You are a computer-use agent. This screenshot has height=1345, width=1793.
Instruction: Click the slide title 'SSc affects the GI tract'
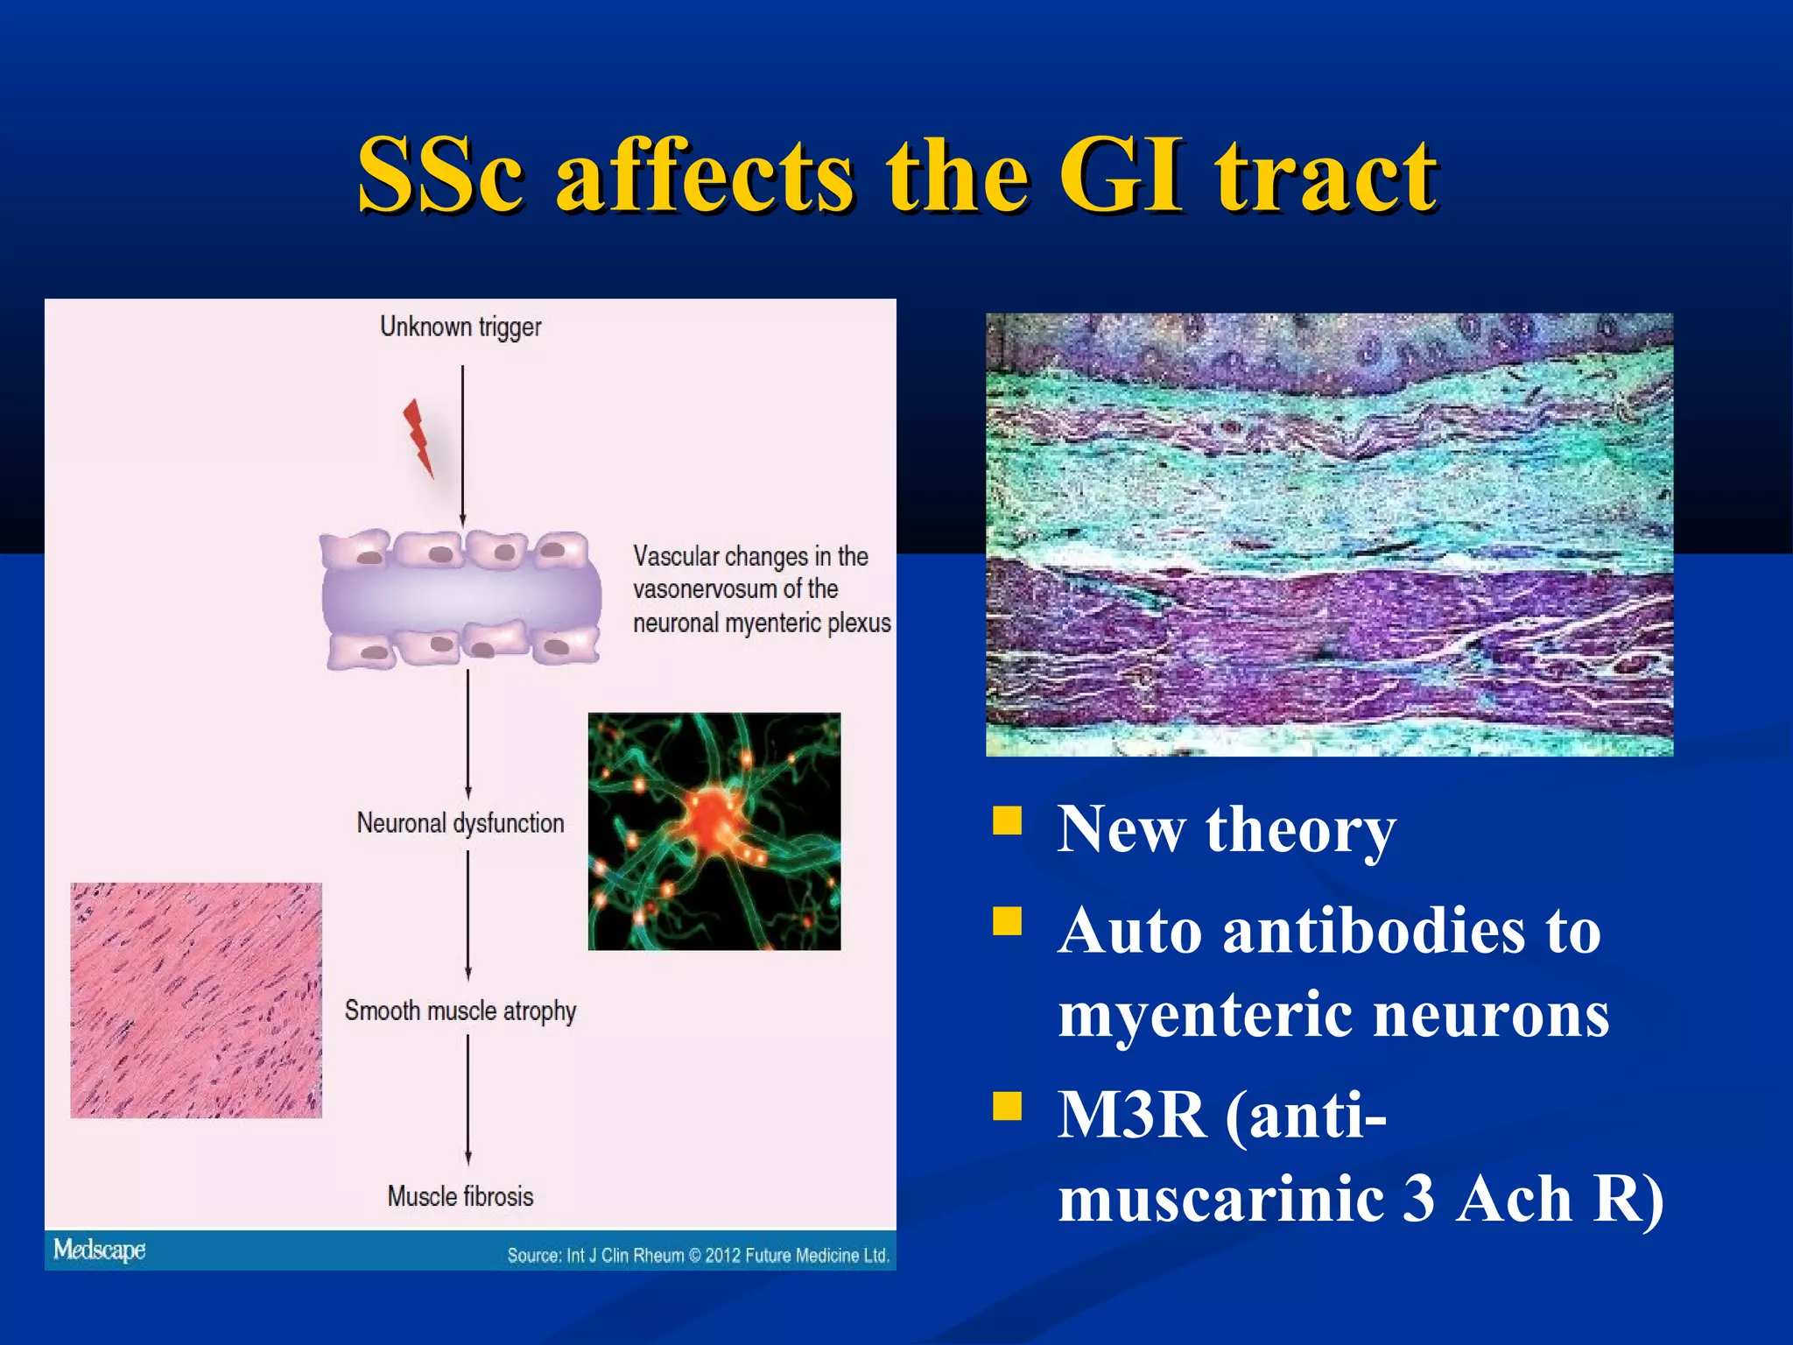click(896, 175)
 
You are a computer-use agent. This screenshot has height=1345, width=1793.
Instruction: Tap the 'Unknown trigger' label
click(461, 327)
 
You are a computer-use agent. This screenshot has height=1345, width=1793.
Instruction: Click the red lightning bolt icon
click(418, 437)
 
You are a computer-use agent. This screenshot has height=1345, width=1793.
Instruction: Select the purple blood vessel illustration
click(461, 598)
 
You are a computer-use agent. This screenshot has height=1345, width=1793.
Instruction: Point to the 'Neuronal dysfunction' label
click(461, 823)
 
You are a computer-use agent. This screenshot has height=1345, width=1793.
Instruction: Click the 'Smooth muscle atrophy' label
click(461, 1011)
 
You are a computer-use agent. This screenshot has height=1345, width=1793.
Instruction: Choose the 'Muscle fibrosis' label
click(461, 1196)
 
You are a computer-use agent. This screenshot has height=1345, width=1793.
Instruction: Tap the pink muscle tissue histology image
click(196, 1000)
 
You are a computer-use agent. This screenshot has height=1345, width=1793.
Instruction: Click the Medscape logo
click(100, 1250)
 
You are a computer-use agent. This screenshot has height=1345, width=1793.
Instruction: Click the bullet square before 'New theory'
click(1008, 820)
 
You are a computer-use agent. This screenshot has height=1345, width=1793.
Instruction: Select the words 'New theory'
click(1227, 828)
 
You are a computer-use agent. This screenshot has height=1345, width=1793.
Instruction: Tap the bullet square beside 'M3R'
click(1008, 1106)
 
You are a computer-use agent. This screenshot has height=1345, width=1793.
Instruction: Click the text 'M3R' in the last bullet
click(1132, 1115)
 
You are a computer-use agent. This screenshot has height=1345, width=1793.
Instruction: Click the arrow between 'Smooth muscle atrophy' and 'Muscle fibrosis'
click(468, 1100)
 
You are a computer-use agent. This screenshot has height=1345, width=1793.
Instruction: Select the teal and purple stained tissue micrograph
click(1329, 534)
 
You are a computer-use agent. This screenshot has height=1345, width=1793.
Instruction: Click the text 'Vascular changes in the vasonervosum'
click(751, 573)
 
